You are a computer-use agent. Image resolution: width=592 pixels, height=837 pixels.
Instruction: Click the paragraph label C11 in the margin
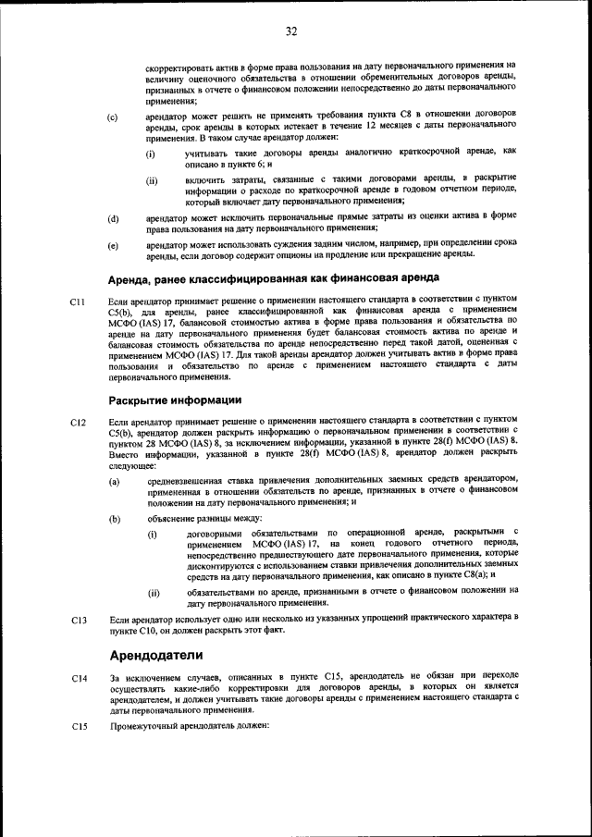point(78,302)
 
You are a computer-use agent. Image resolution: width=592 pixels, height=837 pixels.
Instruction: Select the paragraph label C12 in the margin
point(78,423)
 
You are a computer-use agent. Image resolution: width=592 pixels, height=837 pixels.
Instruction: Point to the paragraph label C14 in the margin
point(78,679)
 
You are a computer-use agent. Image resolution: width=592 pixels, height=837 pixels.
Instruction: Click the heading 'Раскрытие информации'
point(175,400)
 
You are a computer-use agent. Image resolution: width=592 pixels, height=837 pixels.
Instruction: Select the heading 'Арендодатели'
point(154,657)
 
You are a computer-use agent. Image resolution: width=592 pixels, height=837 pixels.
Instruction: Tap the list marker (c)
point(113,117)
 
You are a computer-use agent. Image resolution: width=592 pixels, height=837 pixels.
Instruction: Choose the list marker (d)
point(113,218)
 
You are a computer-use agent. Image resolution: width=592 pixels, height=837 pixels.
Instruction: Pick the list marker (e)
point(113,246)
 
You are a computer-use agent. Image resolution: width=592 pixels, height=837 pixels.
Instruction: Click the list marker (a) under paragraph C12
point(113,481)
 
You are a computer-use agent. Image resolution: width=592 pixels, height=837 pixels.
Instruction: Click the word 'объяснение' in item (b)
point(172,519)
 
